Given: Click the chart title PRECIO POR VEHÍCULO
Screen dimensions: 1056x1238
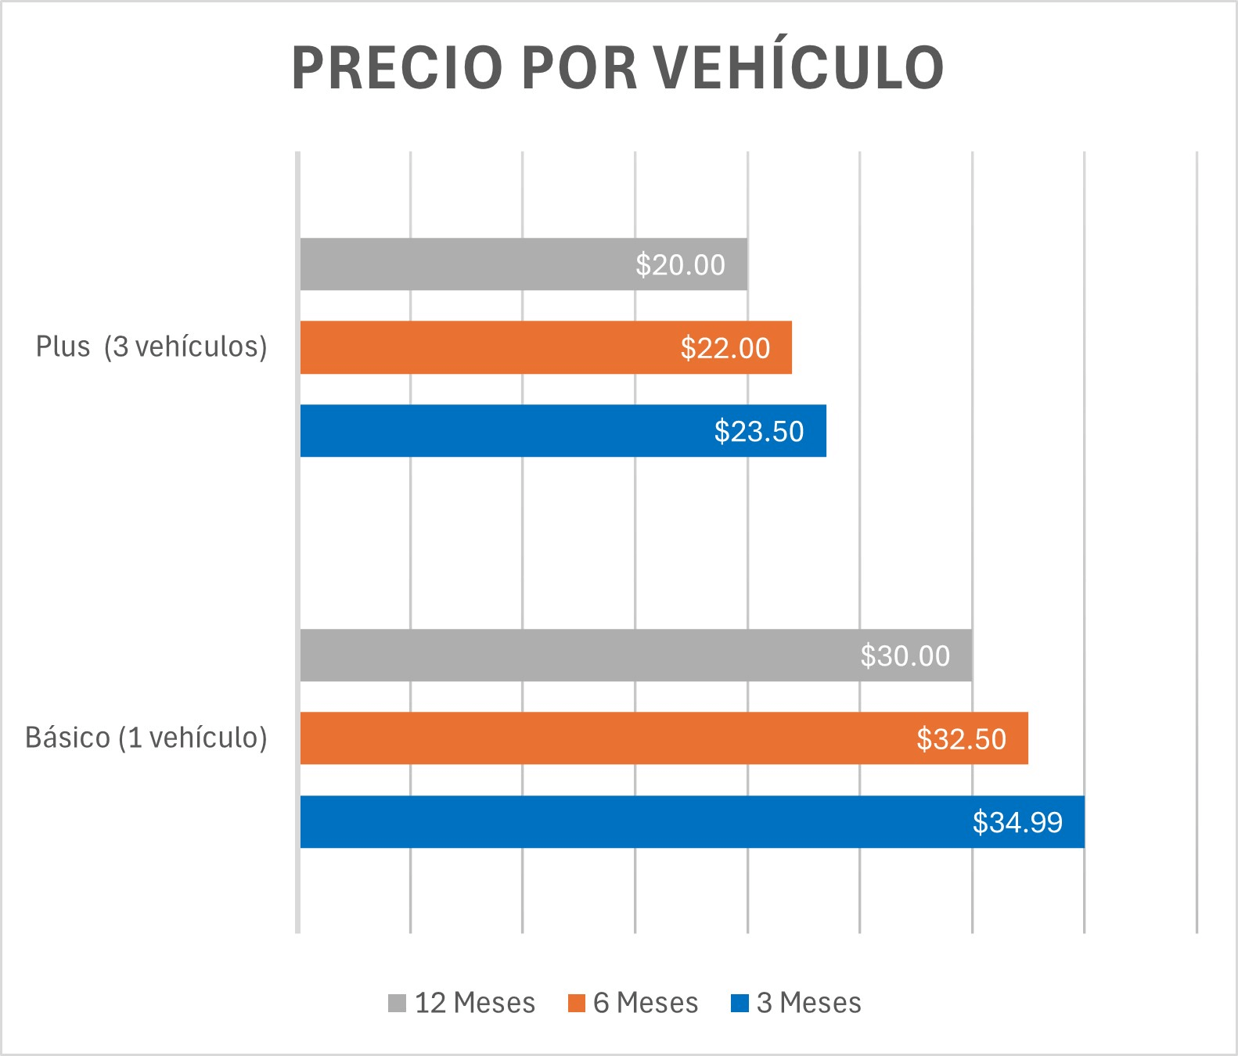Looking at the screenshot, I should [x=617, y=68].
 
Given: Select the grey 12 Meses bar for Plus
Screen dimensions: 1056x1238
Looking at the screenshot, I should [x=470, y=264].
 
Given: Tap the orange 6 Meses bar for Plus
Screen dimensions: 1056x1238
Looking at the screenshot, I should [x=485, y=347].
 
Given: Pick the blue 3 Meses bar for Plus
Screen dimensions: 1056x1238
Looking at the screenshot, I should [x=501, y=431].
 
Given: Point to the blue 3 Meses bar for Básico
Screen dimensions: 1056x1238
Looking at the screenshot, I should [x=626, y=822].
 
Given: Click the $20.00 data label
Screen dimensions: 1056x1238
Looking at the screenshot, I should [x=680, y=265].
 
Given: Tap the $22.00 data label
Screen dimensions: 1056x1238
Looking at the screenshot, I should [x=725, y=348].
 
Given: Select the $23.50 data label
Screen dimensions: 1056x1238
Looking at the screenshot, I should [x=759, y=432].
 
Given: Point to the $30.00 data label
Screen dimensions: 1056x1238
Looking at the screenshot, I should [x=905, y=656].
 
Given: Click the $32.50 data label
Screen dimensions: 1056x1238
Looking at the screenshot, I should [x=961, y=739].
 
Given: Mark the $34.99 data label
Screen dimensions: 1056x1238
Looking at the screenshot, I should [x=1017, y=823].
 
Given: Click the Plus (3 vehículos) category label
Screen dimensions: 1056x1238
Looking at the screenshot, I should [x=151, y=347].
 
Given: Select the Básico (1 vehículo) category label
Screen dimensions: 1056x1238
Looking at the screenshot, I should [x=146, y=738].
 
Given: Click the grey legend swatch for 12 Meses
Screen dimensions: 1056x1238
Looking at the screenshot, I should [x=397, y=1003].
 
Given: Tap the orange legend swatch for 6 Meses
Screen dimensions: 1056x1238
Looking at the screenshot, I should [x=576, y=1003].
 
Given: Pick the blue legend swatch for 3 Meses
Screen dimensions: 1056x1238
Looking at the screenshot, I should [x=739, y=1003].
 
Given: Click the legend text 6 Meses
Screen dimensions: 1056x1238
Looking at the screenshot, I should [x=646, y=1003].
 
